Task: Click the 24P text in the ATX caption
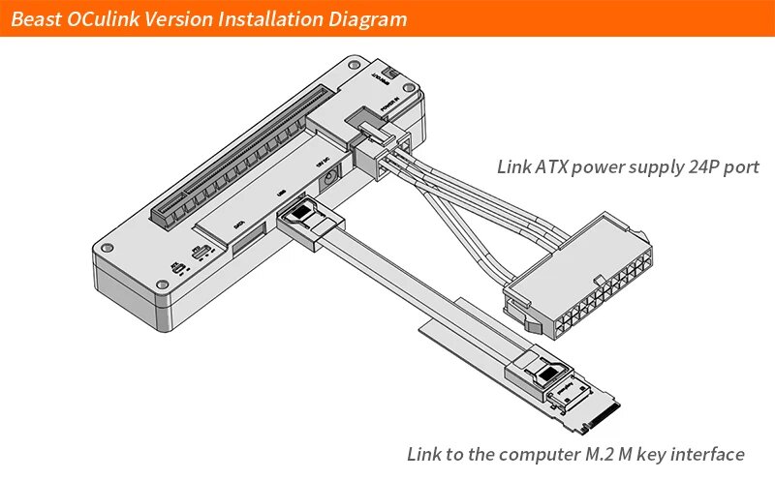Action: (x=701, y=166)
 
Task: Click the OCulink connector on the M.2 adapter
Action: (x=548, y=373)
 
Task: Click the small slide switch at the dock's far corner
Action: (x=391, y=72)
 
